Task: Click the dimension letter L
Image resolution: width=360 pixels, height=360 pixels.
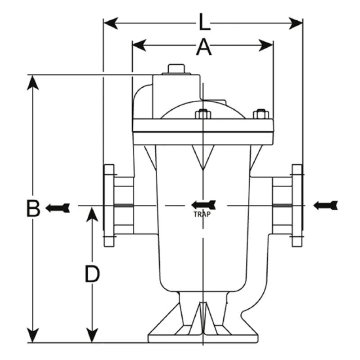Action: coord(203,22)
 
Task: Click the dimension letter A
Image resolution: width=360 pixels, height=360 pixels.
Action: coord(203,47)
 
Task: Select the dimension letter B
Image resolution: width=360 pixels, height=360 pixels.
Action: coord(32,208)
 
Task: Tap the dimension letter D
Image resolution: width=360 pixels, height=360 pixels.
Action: coord(92,274)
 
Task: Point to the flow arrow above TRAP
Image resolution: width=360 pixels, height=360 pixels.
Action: coord(204,205)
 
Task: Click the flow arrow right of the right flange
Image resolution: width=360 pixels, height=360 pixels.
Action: coord(325,206)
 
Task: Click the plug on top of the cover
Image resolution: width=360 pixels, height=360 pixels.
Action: coord(177,69)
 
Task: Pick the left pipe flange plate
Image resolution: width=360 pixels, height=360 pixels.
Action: coord(108,206)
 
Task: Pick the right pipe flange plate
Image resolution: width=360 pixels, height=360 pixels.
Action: coord(297,206)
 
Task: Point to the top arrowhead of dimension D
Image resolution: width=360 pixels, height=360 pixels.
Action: coord(92,214)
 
